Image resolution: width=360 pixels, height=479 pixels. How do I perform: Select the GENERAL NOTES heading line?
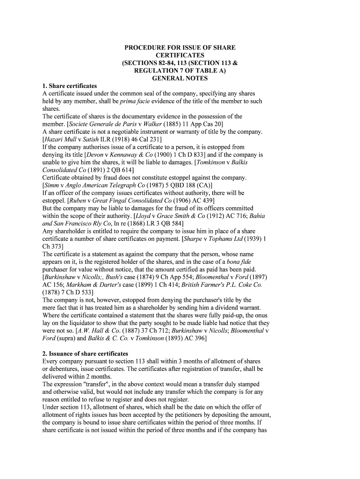[x=180, y=78]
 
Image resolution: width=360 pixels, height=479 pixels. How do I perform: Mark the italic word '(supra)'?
[x=70, y=338]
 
